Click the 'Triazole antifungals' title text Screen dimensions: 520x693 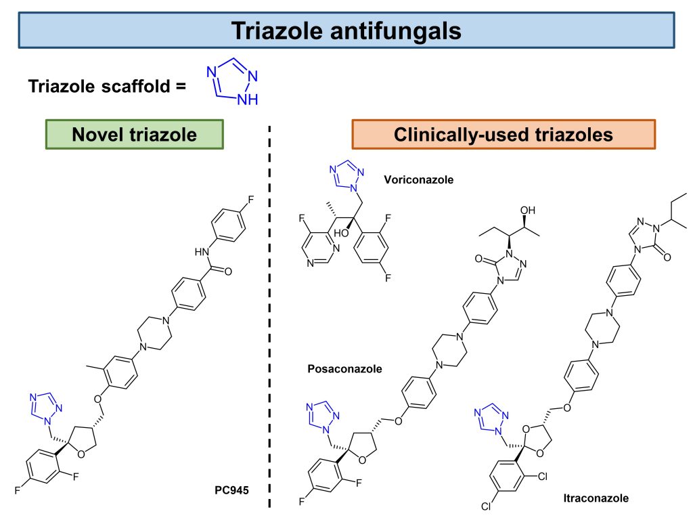tap(346, 30)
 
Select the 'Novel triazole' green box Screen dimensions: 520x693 tap(134, 135)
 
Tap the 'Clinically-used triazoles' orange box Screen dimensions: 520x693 tap(504, 135)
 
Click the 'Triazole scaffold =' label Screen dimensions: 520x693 tap(106, 86)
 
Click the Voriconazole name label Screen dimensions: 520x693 tap(418, 180)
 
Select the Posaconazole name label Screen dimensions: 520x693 tap(344, 369)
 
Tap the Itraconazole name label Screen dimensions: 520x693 tap(596, 498)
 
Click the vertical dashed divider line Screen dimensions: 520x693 tap(271, 318)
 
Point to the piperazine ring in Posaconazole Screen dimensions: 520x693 tap(449, 350)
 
